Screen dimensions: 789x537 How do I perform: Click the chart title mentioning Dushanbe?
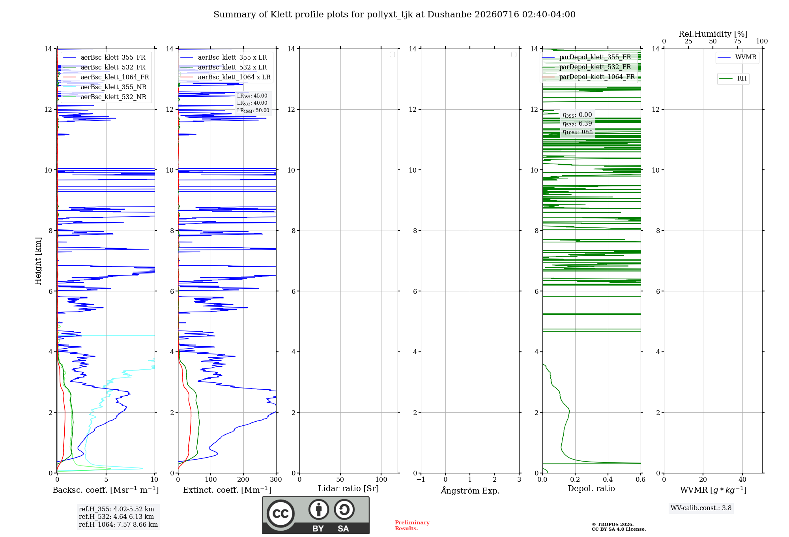(x=394, y=15)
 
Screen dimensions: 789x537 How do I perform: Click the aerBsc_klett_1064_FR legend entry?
(x=106, y=77)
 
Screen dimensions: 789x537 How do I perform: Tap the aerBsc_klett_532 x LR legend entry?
(x=224, y=68)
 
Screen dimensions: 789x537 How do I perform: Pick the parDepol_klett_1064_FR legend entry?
(x=588, y=77)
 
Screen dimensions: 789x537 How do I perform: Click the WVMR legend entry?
(x=737, y=57)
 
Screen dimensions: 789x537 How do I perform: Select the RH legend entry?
(x=733, y=79)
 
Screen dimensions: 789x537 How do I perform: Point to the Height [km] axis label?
(x=38, y=261)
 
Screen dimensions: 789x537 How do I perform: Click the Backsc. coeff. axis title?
(x=106, y=490)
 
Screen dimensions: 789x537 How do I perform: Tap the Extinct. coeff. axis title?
(x=227, y=490)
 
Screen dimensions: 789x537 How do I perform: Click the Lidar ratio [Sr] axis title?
(x=348, y=489)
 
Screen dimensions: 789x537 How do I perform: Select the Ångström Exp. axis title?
(x=470, y=490)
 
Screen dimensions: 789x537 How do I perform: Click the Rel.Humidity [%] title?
(x=713, y=34)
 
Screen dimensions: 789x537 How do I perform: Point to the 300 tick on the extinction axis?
(x=276, y=479)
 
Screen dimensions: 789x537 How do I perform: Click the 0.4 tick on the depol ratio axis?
(x=608, y=479)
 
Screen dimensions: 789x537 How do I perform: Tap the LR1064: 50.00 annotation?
(x=253, y=111)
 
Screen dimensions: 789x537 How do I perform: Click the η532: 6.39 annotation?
(x=577, y=124)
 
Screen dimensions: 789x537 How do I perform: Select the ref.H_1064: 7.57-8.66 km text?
(x=118, y=525)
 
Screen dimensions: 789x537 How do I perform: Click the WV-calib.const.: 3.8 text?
(x=701, y=508)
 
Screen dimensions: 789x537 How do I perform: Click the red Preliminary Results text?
(x=412, y=526)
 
